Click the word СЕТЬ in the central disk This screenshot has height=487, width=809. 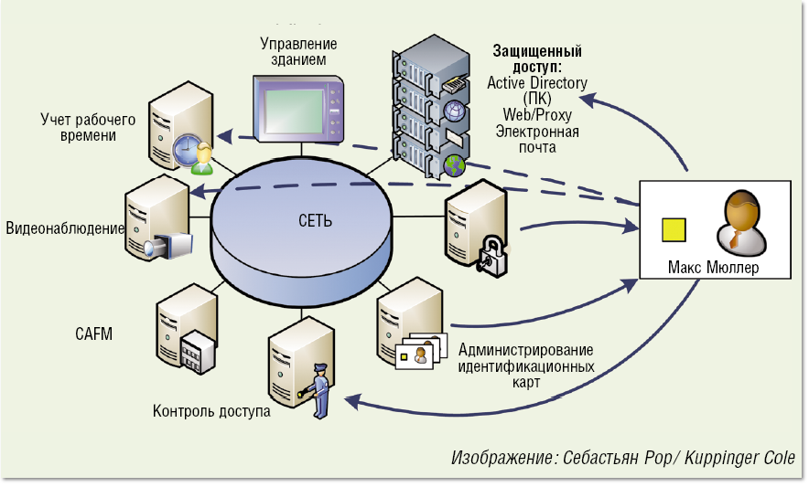(x=316, y=220)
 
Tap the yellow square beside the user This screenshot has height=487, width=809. (x=674, y=229)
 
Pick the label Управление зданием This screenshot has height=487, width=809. (x=298, y=51)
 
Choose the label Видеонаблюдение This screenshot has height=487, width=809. (x=65, y=228)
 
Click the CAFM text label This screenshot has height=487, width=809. (x=93, y=334)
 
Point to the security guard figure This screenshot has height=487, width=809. (x=319, y=390)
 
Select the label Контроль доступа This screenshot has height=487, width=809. (x=211, y=411)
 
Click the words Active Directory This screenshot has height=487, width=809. (x=537, y=83)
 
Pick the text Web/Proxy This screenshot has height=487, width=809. (x=537, y=114)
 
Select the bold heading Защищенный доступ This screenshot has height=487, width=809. (x=537, y=58)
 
